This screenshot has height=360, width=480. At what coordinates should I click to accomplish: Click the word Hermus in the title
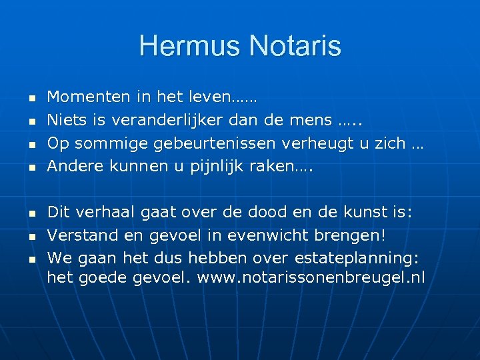click(190, 46)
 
